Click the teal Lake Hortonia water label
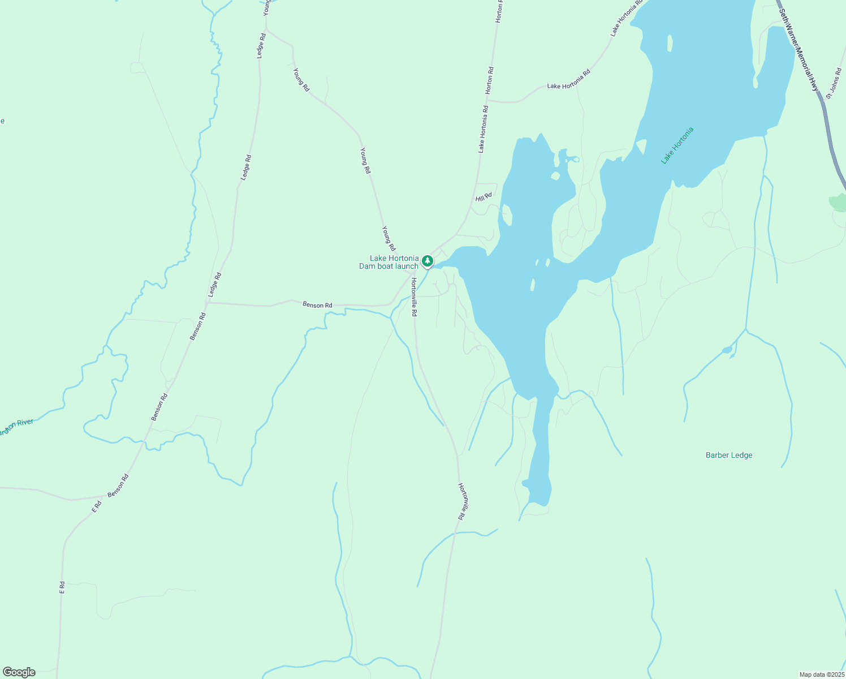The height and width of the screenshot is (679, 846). pos(677,146)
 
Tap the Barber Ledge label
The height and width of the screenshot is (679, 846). pos(729,455)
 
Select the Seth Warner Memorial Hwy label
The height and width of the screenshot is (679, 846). pos(798,49)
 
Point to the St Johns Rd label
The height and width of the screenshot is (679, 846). pos(834,84)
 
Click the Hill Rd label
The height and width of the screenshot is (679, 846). pos(484,197)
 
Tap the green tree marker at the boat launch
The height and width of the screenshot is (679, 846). pos(428,261)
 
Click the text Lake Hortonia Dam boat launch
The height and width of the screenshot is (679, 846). pos(390,262)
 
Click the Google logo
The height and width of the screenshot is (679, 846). pos(19,672)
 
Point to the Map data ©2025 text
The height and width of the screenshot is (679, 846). pos(821,674)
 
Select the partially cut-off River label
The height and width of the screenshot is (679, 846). pos(16,426)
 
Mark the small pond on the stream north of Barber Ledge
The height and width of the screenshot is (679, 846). pos(727,350)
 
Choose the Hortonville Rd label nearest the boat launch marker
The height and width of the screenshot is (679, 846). pos(414,297)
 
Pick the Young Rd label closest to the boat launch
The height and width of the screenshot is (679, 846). pos(389,239)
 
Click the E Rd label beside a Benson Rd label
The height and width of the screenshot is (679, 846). pos(97,506)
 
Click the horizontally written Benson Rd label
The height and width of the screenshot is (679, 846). pos(317,305)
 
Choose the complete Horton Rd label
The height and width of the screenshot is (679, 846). pos(490,81)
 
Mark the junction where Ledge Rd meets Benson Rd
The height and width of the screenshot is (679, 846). pos(208,303)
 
